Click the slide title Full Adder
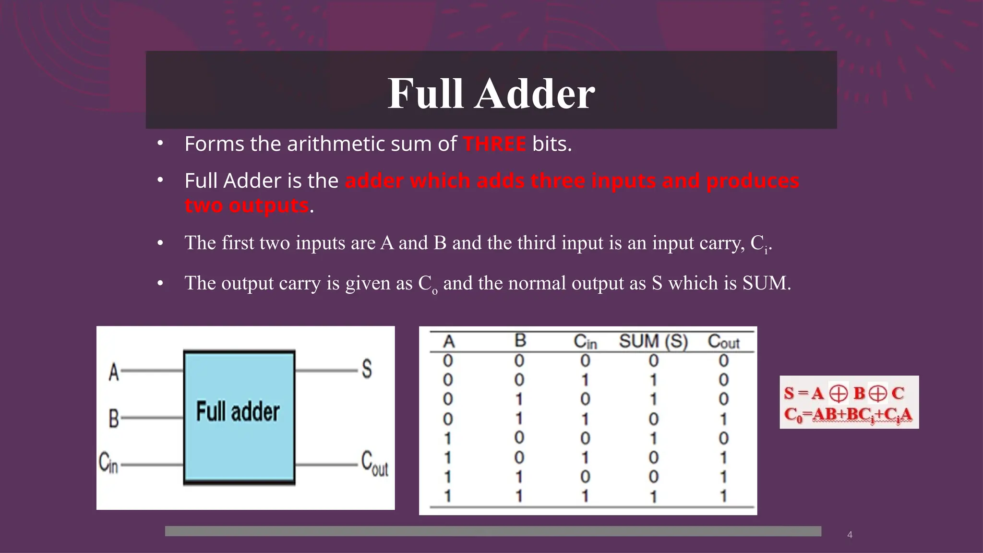491,93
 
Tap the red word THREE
494,144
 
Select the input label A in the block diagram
114,372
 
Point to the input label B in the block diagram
114,418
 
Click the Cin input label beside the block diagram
108,463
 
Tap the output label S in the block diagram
367,370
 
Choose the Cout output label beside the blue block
374,464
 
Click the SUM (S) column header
653,341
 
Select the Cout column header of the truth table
723,342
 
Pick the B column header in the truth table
520,341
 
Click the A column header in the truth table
449,342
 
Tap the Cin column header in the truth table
585,342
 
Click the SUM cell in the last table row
653,496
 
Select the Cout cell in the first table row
723,361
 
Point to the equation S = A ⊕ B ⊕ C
844,393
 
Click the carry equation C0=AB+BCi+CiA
848,414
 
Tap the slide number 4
850,535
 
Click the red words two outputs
247,205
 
